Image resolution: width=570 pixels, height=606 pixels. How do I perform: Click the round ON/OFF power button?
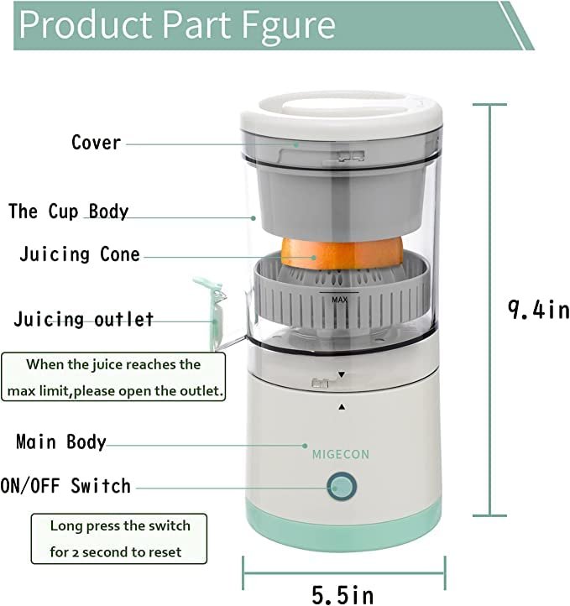pyautogui.click(x=342, y=486)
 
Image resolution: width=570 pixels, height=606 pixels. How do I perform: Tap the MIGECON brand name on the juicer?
pyautogui.click(x=341, y=454)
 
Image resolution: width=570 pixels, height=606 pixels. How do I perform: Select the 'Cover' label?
pyautogui.click(x=96, y=143)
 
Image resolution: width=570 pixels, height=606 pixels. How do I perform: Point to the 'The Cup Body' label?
pyautogui.click(x=69, y=211)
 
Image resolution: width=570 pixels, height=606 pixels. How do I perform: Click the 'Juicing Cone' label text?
pyautogui.click(x=80, y=254)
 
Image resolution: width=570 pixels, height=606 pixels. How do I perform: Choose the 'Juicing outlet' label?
pyautogui.click(x=84, y=320)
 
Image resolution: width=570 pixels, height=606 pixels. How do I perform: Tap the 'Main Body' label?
pyautogui.click(x=61, y=441)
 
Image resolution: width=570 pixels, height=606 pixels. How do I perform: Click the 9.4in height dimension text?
pyautogui.click(x=538, y=310)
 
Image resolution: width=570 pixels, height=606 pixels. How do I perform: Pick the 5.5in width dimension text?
pyautogui.click(x=343, y=594)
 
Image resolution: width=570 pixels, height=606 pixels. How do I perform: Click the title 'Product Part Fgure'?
pyautogui.click(x=177, y=25)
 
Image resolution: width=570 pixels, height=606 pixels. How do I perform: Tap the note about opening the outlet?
pyautogui.click(x=113, y=378)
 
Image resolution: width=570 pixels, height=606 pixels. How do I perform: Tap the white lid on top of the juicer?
pyautogui.click(x=341, y=118)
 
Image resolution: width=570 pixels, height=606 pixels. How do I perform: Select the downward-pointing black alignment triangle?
pyautogui.click(x=342, y=375)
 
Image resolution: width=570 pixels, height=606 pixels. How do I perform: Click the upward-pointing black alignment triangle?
pyautogui.click(x=342, y=406)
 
